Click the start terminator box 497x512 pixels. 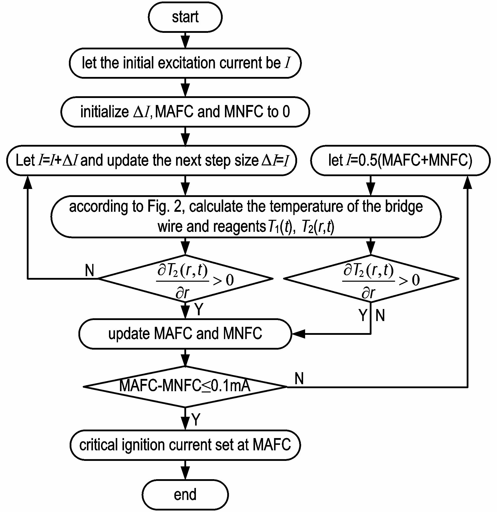(x=185, y=17)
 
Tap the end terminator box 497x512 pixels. (x=185, y=494)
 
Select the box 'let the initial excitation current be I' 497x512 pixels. (x=185, y=63)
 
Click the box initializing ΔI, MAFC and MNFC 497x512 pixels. (x=185, y=112)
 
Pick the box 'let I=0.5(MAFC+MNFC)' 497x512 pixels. (x=400, y=160)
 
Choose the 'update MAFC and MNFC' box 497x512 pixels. (x=185, y=334)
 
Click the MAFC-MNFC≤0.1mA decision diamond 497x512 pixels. (x=185, y=387)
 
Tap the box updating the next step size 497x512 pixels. (x=152, y=160)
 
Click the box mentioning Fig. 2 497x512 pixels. (x=246, y=217)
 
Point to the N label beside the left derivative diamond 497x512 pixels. (x=90, y=270)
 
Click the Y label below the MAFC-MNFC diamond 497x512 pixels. (x=196, y=420)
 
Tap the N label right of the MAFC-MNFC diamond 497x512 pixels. (x=299, y=378)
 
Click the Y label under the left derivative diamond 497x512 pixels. (x=199, y=310)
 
